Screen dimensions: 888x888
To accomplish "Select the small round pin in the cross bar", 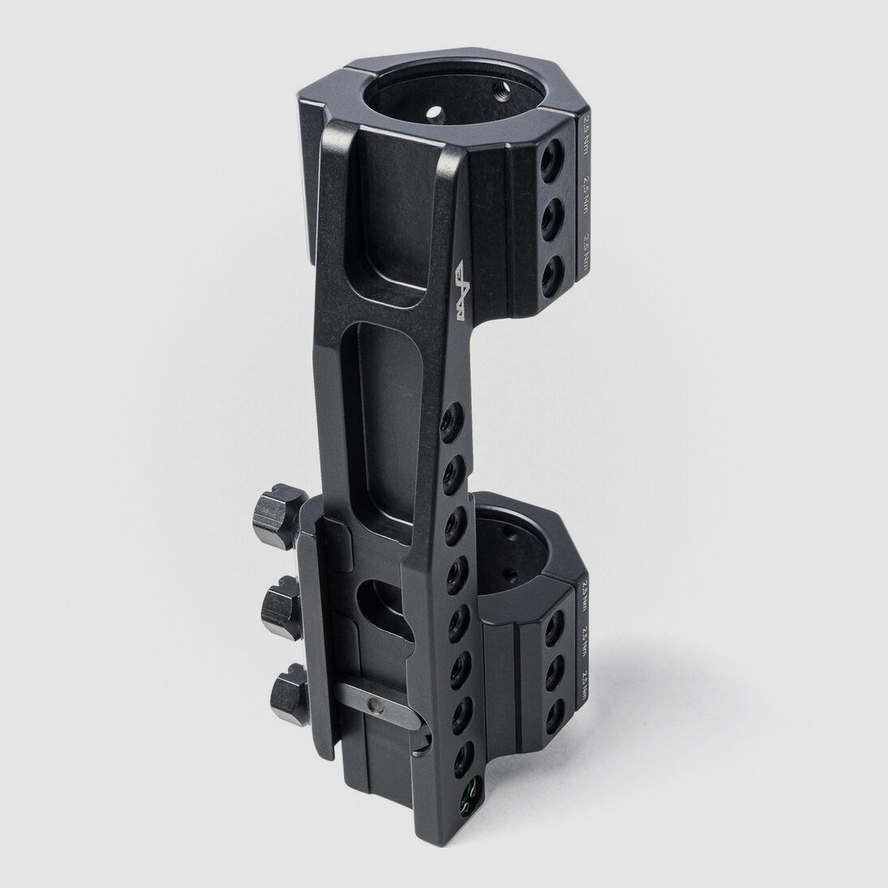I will [x=374, y=706].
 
